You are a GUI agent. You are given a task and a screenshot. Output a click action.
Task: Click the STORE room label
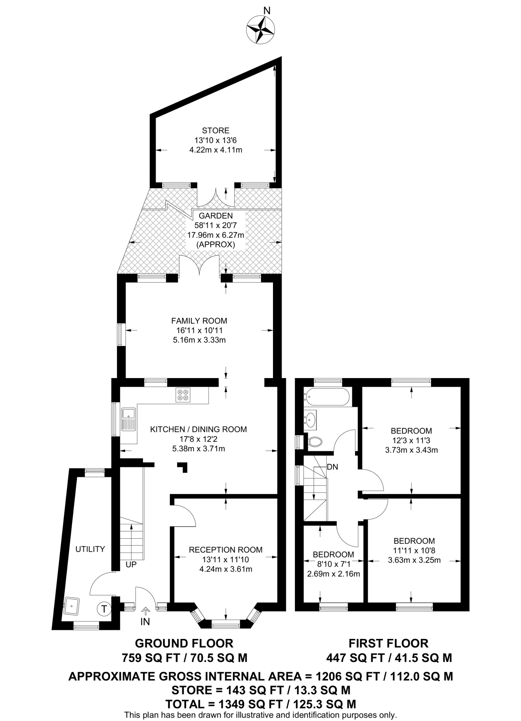click(216, 131)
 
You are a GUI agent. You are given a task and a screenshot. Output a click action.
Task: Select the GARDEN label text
click(216, 216)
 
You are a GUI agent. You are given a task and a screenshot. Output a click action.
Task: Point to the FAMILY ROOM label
click(199, 321)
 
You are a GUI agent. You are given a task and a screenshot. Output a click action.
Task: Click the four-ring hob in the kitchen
click(183, 395)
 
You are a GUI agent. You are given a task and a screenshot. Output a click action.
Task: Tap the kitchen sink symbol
click(129, 419)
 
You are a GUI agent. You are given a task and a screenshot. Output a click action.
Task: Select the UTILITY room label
click(90, 549)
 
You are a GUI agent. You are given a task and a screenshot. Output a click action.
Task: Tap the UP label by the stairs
click(131, 564)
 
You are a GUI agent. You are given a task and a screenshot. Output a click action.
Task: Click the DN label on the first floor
click(332, 467)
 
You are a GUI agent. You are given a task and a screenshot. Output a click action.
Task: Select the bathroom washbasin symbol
click(311, 419)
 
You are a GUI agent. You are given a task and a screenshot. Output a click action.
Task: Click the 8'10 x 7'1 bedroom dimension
click(333, 564)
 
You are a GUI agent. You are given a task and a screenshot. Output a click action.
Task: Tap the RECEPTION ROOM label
click(225, 550)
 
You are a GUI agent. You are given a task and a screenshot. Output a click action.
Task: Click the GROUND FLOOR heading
click(184, 643)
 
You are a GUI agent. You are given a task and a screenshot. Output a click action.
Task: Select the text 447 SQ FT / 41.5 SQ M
click(389, 658)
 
